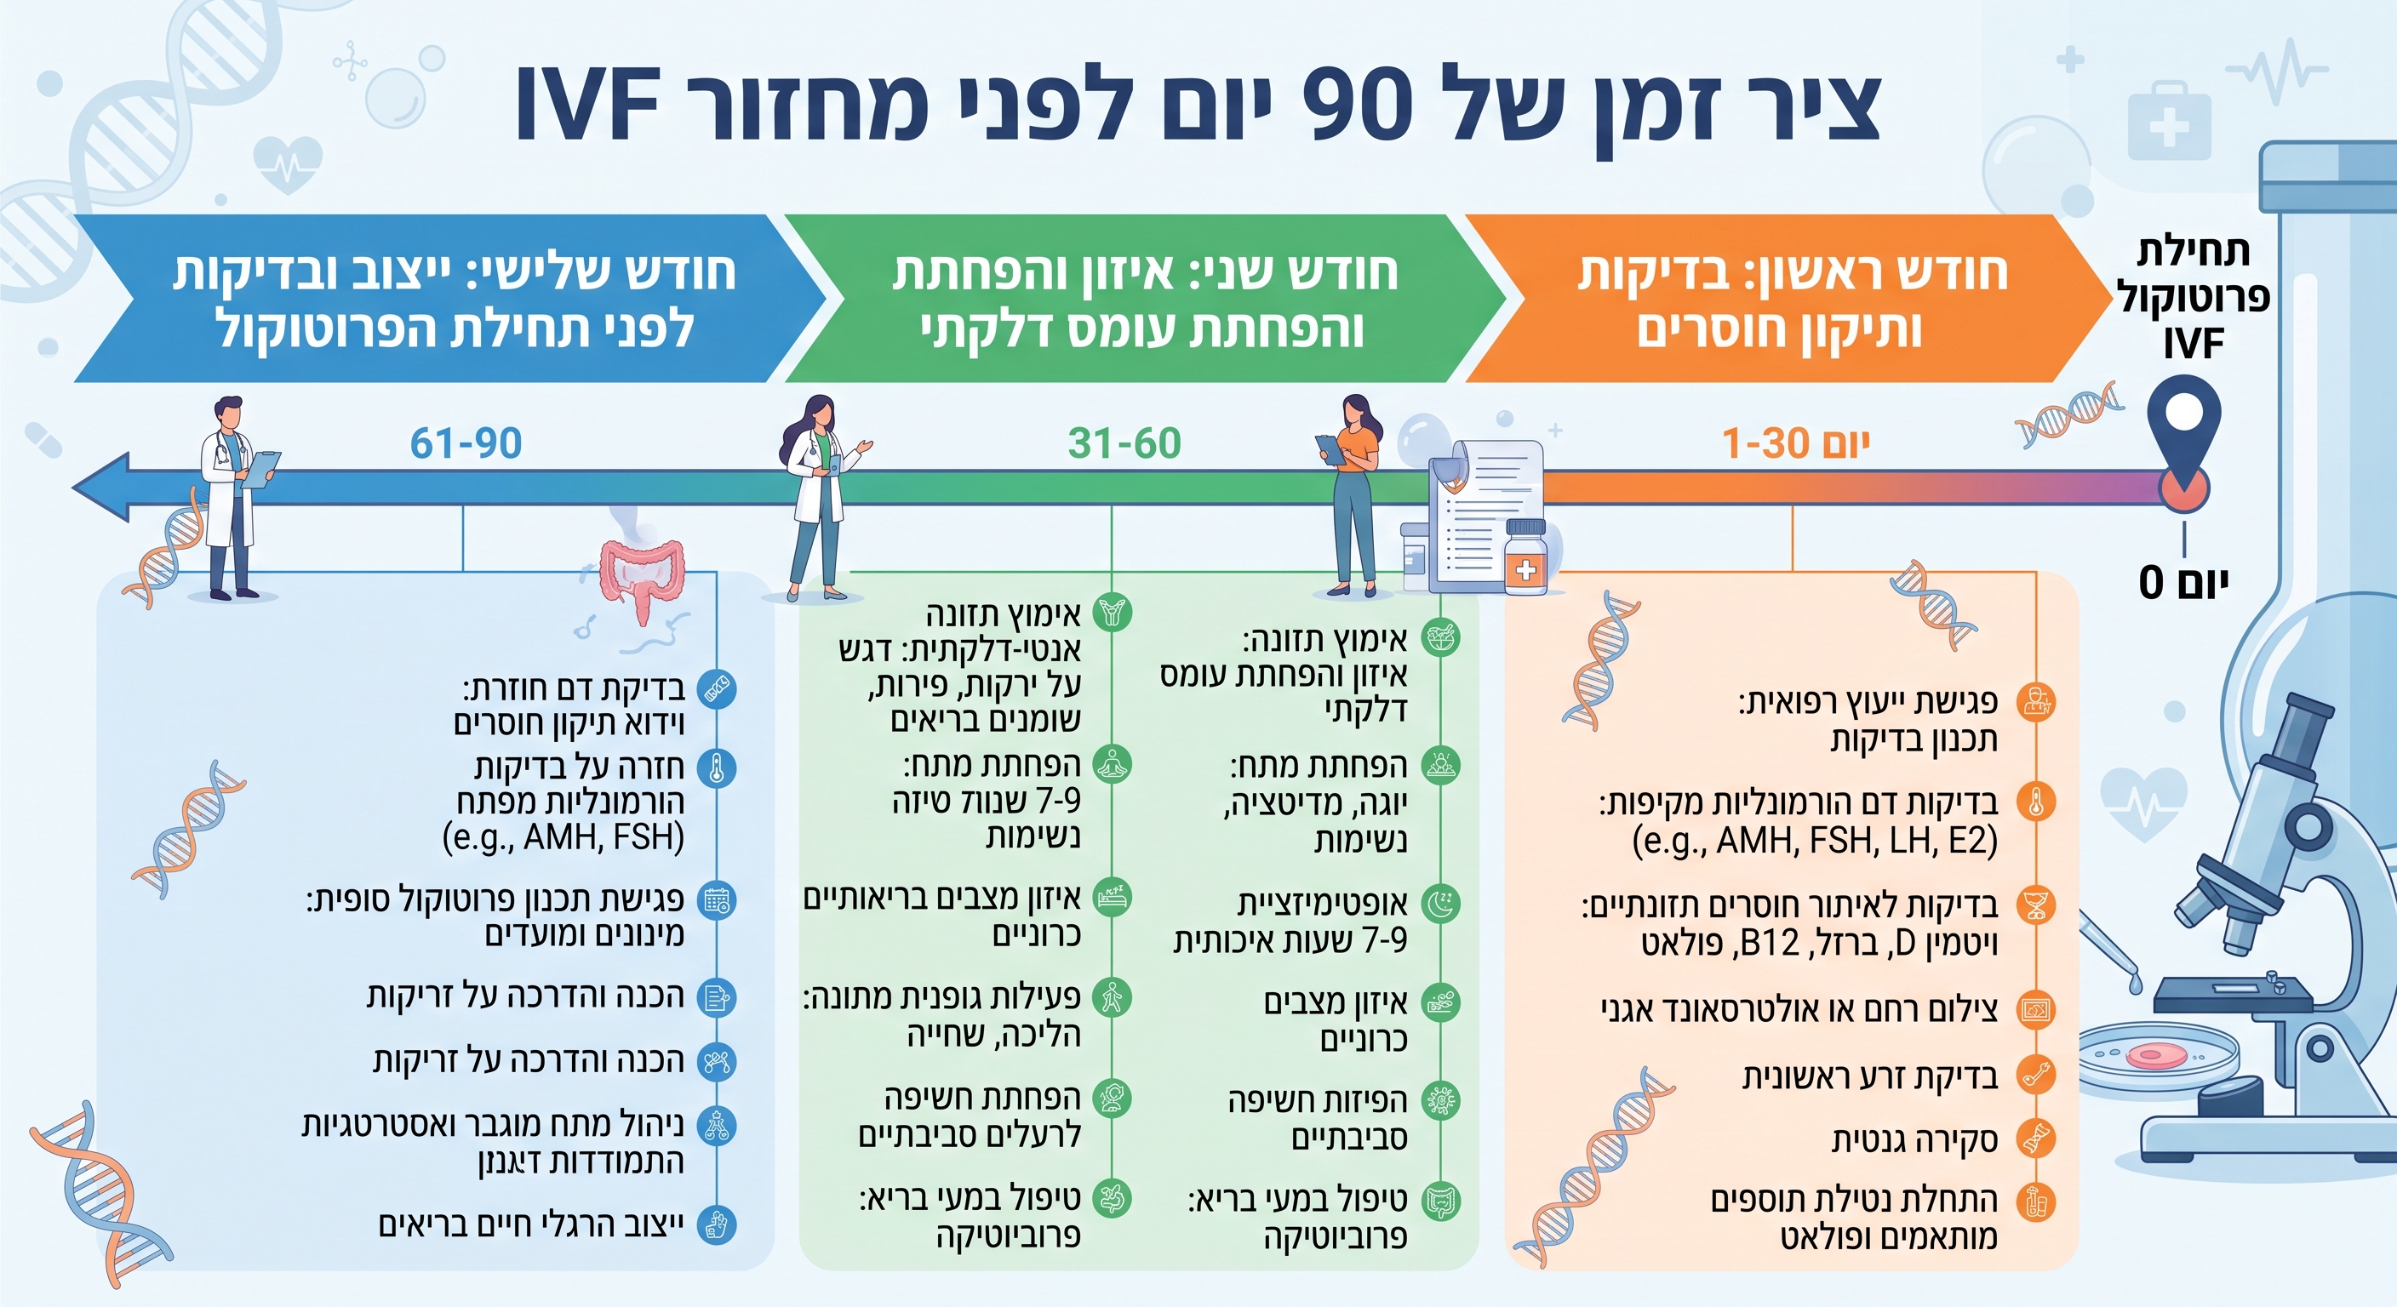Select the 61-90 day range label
(466, 443)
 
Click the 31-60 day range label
(1124, 443)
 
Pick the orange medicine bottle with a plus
(1526, 557)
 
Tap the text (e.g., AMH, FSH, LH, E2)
(1815, 841)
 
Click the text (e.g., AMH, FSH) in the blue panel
(563, 837)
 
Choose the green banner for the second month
(1145, 299)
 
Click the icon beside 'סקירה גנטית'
(2036, 1139)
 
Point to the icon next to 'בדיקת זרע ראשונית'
(2036, 1076)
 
